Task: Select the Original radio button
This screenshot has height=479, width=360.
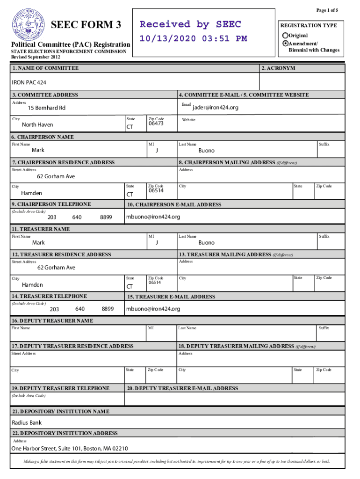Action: pos(285,36)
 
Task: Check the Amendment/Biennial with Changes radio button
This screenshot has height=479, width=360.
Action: pos(285,43)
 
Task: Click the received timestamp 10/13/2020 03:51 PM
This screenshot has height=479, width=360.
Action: pos(193,38)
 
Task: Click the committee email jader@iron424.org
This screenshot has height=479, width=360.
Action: pos(216,108)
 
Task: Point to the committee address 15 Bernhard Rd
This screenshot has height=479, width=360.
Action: pos(47,108)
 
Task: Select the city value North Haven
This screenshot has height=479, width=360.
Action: pos(37,125)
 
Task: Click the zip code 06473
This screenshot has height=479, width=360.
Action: pos(156,124)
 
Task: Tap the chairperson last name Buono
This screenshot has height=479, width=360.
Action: pos(206,151)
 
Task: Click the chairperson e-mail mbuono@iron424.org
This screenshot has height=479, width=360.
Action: pos(153,217)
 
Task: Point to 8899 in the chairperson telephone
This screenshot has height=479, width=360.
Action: pos(106,218)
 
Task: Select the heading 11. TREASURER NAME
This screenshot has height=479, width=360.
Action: pos(41,229)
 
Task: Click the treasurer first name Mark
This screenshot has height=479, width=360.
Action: pos(38,243)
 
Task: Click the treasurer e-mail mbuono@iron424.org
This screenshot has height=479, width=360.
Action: pos(153,309)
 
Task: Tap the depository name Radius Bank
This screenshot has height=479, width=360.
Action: pos(27,423)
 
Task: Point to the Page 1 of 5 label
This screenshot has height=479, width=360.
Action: pos(327,10)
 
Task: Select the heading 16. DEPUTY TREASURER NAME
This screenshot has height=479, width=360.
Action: pos(52,321)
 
